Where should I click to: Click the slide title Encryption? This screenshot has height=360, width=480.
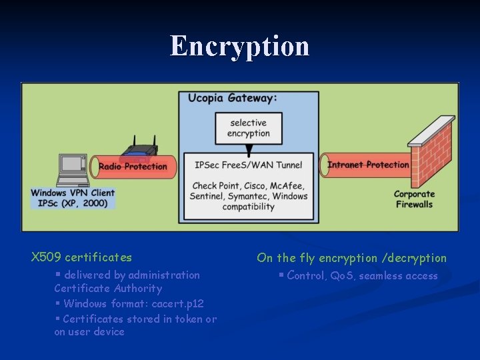click(x=239, y=47)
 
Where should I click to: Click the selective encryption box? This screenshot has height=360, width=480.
click(x=248, y=128)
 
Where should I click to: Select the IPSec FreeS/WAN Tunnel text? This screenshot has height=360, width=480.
click(x=248, y=165)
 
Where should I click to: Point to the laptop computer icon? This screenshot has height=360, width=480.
click(x=71, y=171)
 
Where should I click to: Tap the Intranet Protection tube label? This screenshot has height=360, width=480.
click(x=368, y=165)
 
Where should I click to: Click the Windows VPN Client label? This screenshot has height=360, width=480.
click(x=73, y=193)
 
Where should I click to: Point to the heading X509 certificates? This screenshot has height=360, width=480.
click(x=81, y=257)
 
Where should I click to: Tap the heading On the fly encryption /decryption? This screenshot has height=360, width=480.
click(x=351, y=258)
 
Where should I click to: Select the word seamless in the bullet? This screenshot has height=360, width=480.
click(x=381, y=276)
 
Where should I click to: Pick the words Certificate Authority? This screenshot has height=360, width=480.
click(x=108, y=289)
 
